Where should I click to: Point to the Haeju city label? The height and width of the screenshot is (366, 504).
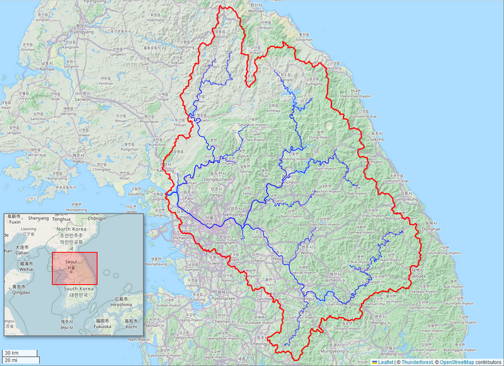coord(78,161)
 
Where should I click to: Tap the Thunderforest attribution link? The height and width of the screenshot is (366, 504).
coord(416,362)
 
